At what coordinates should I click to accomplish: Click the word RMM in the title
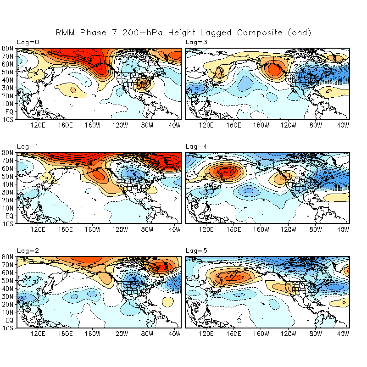tap(65, 33)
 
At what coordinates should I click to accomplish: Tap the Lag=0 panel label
tap(28, 42)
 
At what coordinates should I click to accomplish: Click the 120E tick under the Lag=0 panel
tap(37, 125)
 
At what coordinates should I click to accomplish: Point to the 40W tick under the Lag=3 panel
tap(343, 125)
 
